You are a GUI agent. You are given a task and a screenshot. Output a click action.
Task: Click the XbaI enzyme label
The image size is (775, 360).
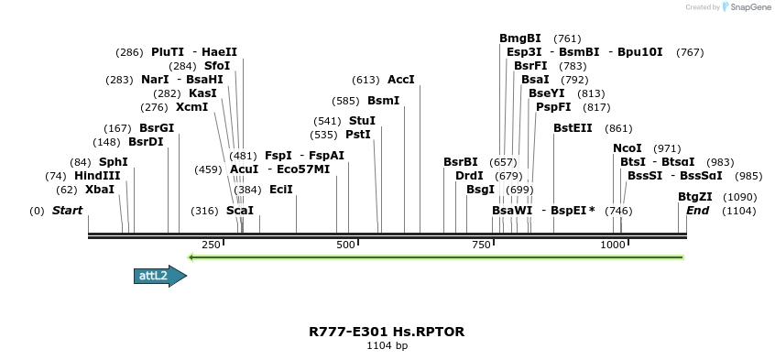[100, 190]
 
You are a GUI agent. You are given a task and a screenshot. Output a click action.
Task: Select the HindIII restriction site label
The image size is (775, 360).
[97, 176]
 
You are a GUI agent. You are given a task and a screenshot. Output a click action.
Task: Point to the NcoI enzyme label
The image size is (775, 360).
[628, 147]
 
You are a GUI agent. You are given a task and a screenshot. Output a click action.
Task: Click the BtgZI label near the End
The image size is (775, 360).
[694, 197]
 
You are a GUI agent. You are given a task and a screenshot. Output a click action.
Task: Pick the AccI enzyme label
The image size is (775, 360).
[401, 80]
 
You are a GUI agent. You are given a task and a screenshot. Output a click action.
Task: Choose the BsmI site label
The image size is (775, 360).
[383, 101]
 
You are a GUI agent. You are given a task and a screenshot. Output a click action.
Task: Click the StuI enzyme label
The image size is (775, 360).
[362, 121]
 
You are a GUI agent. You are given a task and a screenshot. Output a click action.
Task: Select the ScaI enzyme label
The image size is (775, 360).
[240, 211]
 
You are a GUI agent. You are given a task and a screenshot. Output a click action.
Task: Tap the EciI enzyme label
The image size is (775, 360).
[281, 190]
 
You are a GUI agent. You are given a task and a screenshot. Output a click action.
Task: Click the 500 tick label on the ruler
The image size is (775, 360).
[345, 245]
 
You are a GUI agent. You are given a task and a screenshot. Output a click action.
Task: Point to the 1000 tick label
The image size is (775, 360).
[612, 245]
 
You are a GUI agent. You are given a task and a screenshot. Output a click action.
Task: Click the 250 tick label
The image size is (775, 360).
[211, 245]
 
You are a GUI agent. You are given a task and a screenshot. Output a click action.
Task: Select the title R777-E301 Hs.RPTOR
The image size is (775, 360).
[387, 331]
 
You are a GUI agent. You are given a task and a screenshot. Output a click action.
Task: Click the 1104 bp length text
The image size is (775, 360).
[387, 346]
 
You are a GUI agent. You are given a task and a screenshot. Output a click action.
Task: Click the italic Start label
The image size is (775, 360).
[67, 211]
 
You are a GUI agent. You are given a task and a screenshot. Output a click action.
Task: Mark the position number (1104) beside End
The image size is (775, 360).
[739, 211]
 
